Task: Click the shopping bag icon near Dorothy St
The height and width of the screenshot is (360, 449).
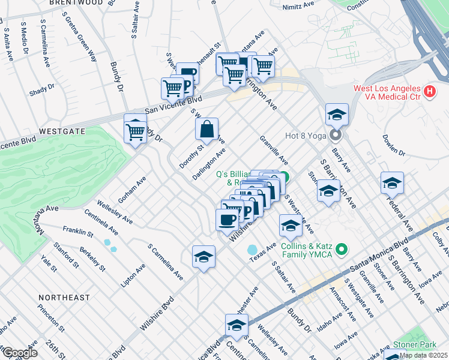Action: pyautogui.click(x=206, y=129)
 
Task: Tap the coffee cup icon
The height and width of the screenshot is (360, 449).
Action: pyautogui.click(x=227, y=219)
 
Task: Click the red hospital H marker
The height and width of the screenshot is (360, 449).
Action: pyautogui.click(x=429, y=92)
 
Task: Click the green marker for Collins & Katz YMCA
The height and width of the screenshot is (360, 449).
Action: pyautogui.click(x=342, y=248)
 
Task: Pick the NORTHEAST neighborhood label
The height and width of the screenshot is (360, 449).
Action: pyautogui.click(x=64, y=298)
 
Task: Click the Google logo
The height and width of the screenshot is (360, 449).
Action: pyautogui.click(x=19, y=353)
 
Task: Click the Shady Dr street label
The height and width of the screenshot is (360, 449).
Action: pyautogui.click(x=42, y=90)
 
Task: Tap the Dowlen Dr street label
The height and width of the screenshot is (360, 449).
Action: pyautogui.click(x=394, y=145)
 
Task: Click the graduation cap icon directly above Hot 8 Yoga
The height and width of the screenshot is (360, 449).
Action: pyautogui.click(x=337, y=114)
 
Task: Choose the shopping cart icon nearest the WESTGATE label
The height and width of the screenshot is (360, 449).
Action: pyautogui.click(x=136, y=129)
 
